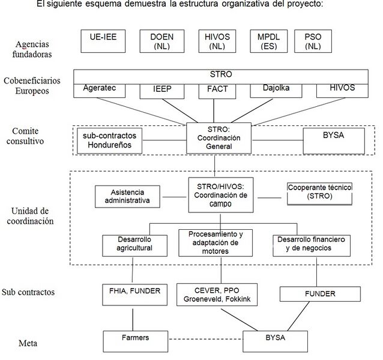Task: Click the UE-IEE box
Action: pyautogui.click(x=103, y=41)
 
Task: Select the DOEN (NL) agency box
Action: pyautogui.click(x=162, y=41)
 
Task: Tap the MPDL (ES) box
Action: pyautogui.click(x=269, y=41)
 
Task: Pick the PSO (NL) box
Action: pyautogui.click(x=313, y=41)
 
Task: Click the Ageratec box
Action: pyautogui.click(x=100, y=91)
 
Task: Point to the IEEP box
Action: pyautogui.click(x=162, y=92)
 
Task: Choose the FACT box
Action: pyautogui.click(x=217, y=92)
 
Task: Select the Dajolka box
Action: pyautogui.click(x=276, y=91)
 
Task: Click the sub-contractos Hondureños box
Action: pyautogui.click(x=109, y=141)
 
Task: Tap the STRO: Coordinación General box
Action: pyautogui.click(x=219, y=138)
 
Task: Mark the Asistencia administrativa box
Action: pyautogui.click(x=127, y=196)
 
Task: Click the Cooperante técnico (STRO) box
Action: pyautogui.click(x=319, y=194)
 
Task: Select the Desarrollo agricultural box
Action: pyautogui.click(x=135, y=246)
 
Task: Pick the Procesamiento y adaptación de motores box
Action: pyautogui.click(x=216, y=243)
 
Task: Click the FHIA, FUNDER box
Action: pyautogui.click(x=135, y=295)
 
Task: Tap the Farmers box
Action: pyautogui.click(x=136, y=341)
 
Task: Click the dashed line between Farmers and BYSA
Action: pyautogui.click(x=205, y=339)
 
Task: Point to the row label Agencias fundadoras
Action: pyautogui.click(x=32, y=49)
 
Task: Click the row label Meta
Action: pyautogui.click(x=28, y=343)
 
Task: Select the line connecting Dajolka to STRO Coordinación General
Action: pyautogui.click(x=252, y=110)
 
